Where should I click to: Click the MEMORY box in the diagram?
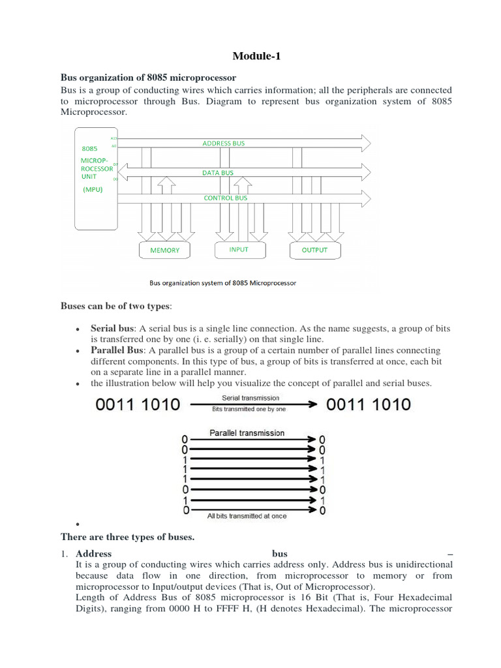pos(164,250)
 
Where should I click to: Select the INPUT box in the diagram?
pos(239,250)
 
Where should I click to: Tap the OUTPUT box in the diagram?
pos(314,250)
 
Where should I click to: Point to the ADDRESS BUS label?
pos(224,143)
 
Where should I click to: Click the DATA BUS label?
pos(218,173)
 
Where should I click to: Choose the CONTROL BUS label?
pos(226,197)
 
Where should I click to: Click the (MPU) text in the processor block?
pos(93,190)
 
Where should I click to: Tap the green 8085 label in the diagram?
pos(89,149)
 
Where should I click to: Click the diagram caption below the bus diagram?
pos(222,283)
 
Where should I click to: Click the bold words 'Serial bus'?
pos(112,329)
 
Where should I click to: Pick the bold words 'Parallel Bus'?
pos(116,350)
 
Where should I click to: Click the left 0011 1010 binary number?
pos(138,405)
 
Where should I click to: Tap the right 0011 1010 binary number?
pos(369,404)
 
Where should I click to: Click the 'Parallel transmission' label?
pos(247,433)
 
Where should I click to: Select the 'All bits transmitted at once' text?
pos(247,516)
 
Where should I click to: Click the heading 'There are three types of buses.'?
pos(127,537)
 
